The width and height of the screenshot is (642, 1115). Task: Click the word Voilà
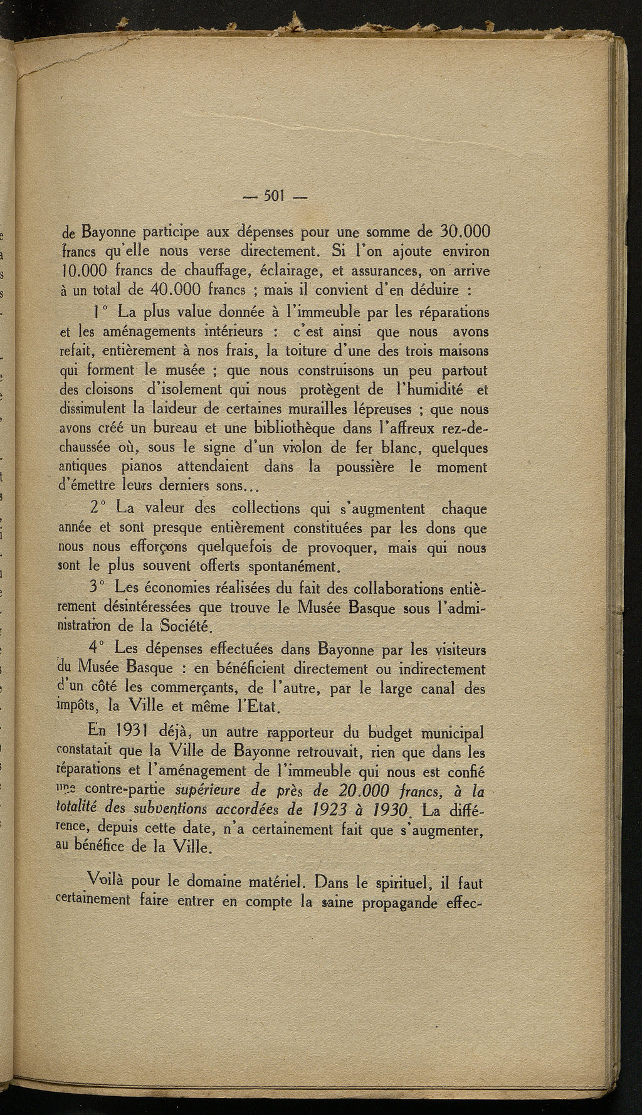coord(108,880)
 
